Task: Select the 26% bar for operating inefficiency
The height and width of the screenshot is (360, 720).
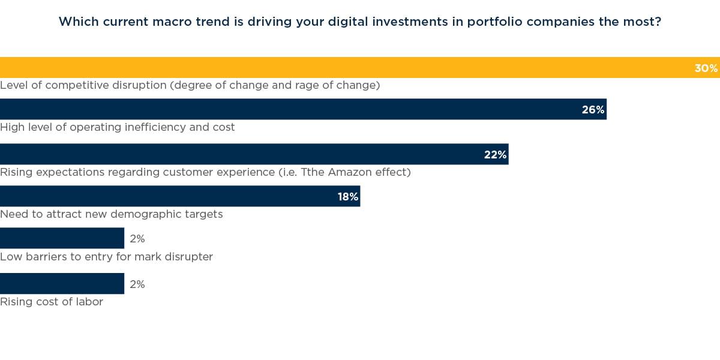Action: tap(288, 109)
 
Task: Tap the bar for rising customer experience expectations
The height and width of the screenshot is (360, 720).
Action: tap(240, 154)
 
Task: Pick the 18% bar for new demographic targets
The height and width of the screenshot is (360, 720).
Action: tap(168, 196)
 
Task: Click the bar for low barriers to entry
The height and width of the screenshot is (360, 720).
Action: tap(62, 238)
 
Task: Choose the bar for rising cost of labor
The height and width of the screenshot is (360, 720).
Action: tap(62, 283)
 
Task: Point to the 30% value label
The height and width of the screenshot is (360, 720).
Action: tap(706, 68)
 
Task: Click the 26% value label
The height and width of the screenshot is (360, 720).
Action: tap(593, 110)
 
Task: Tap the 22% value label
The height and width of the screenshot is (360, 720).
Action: tap(495, 155)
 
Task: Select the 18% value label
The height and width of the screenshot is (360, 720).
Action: tap(347, 197)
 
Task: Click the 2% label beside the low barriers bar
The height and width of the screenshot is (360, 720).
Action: tap(137, 239)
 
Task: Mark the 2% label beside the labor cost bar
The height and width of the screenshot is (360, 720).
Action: tap(137, 284)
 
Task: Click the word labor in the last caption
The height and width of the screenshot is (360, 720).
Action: tap(88, 302)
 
